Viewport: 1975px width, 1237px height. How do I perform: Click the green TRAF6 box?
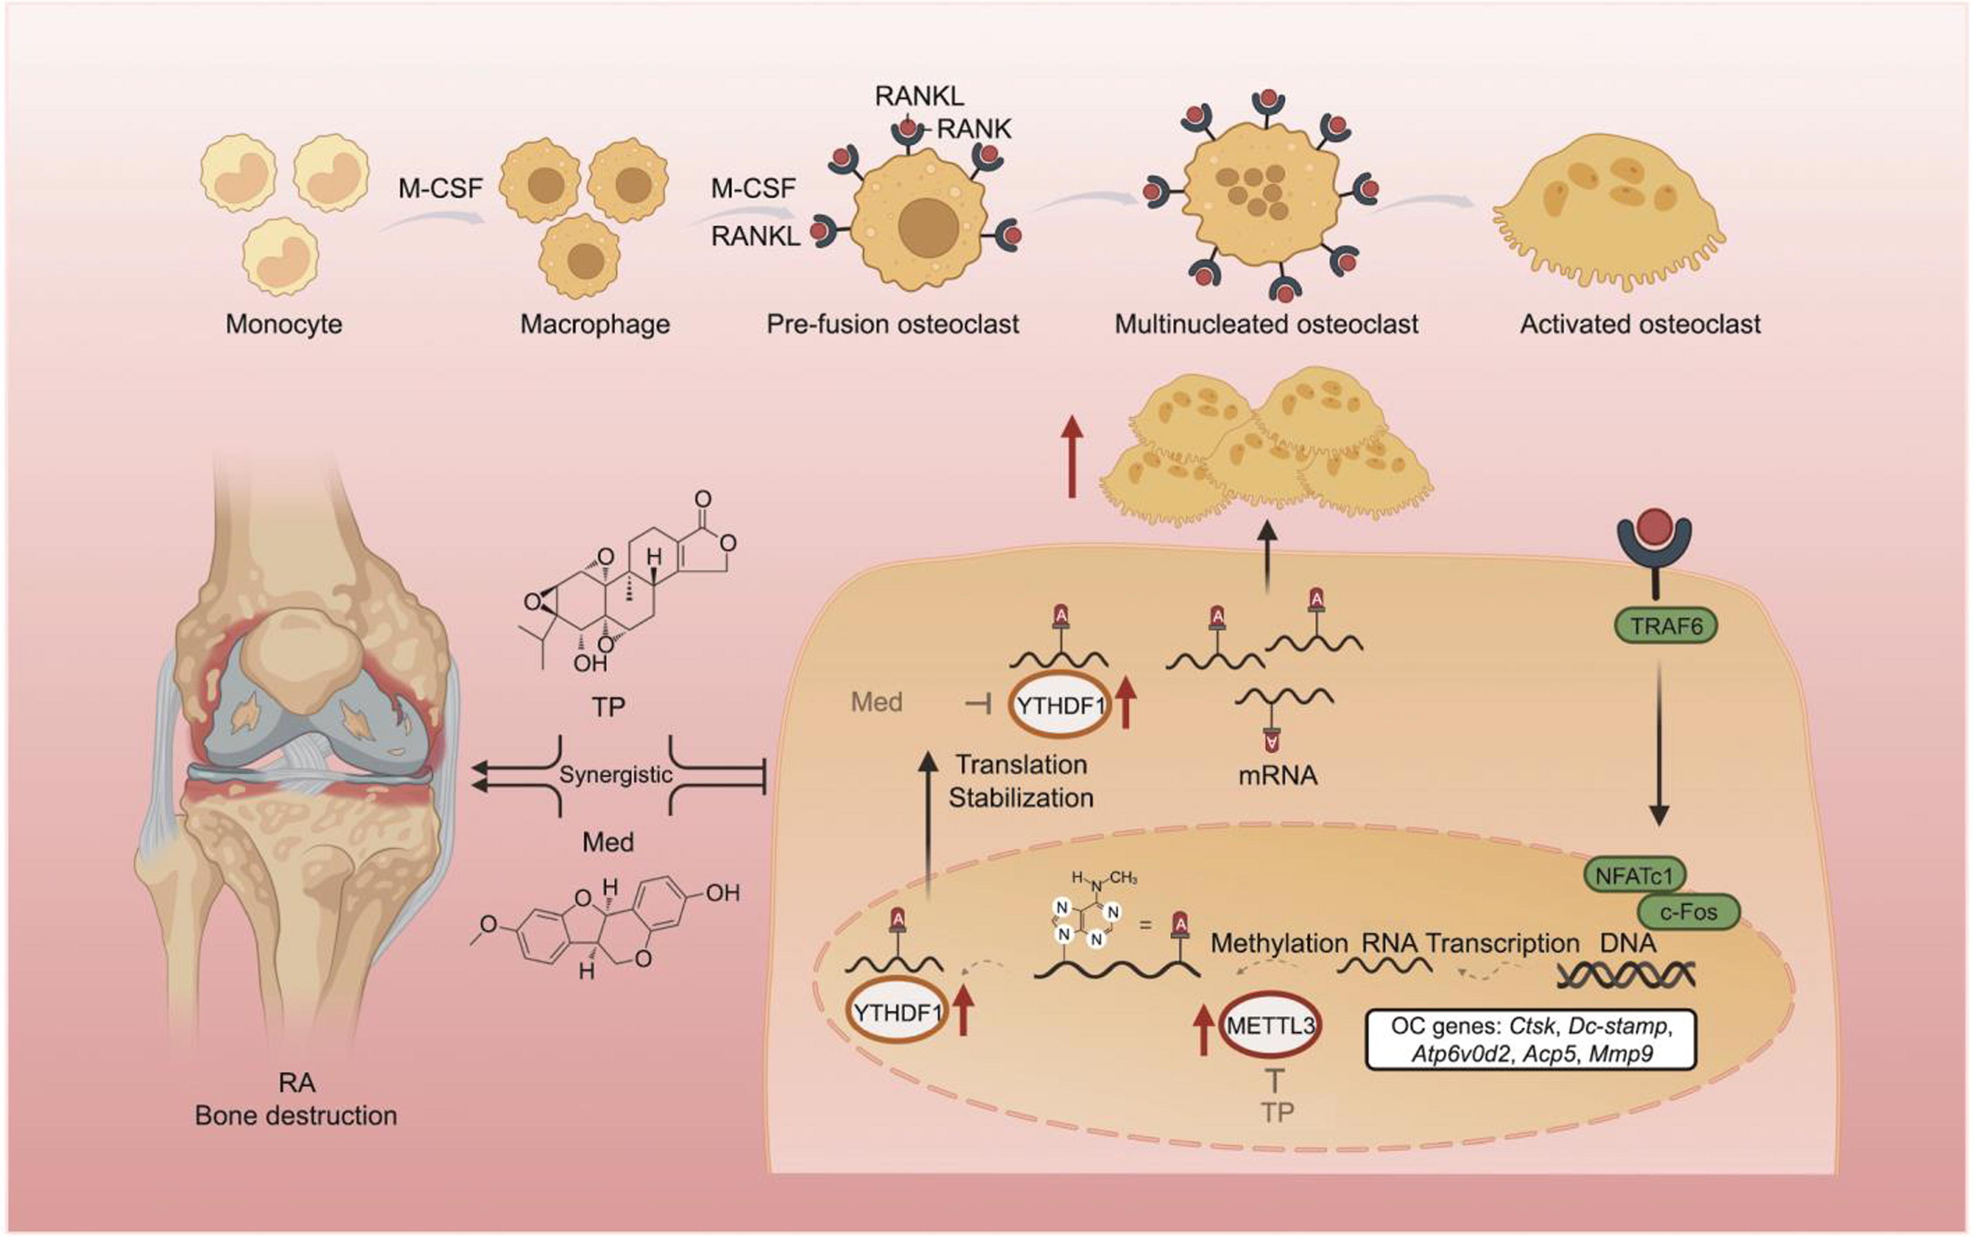point(1665,627)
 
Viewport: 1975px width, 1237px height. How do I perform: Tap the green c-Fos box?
point(1689,911)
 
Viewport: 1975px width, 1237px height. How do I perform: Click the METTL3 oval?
point(1270,1025)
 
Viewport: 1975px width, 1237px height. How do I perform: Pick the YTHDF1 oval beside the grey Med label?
point(1060,705)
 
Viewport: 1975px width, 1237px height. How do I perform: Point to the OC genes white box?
point(1531,1039)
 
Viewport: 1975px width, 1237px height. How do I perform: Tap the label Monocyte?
point(284,324)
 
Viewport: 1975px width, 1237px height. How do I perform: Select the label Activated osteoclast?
point(1640,324)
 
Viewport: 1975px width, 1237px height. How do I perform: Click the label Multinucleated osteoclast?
point(1266,324)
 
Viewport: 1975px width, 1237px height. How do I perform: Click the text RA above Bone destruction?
point(296,1083)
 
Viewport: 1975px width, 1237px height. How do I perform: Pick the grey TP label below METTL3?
point(1277,1113)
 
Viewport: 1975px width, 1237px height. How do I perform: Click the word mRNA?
point(1277,775)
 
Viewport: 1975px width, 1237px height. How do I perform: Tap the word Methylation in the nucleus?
point(1279,943)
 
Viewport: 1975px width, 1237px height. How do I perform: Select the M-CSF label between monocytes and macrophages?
point(440,189)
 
